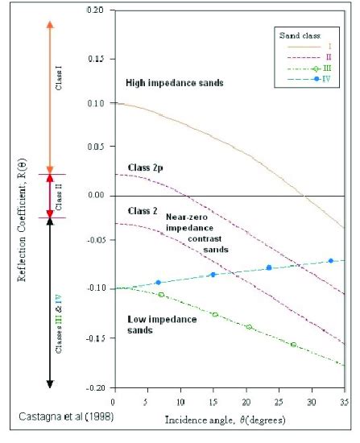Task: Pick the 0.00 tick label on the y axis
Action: [97, 196]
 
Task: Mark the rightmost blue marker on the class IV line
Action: [331, 261]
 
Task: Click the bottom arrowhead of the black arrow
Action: [50, 382]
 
